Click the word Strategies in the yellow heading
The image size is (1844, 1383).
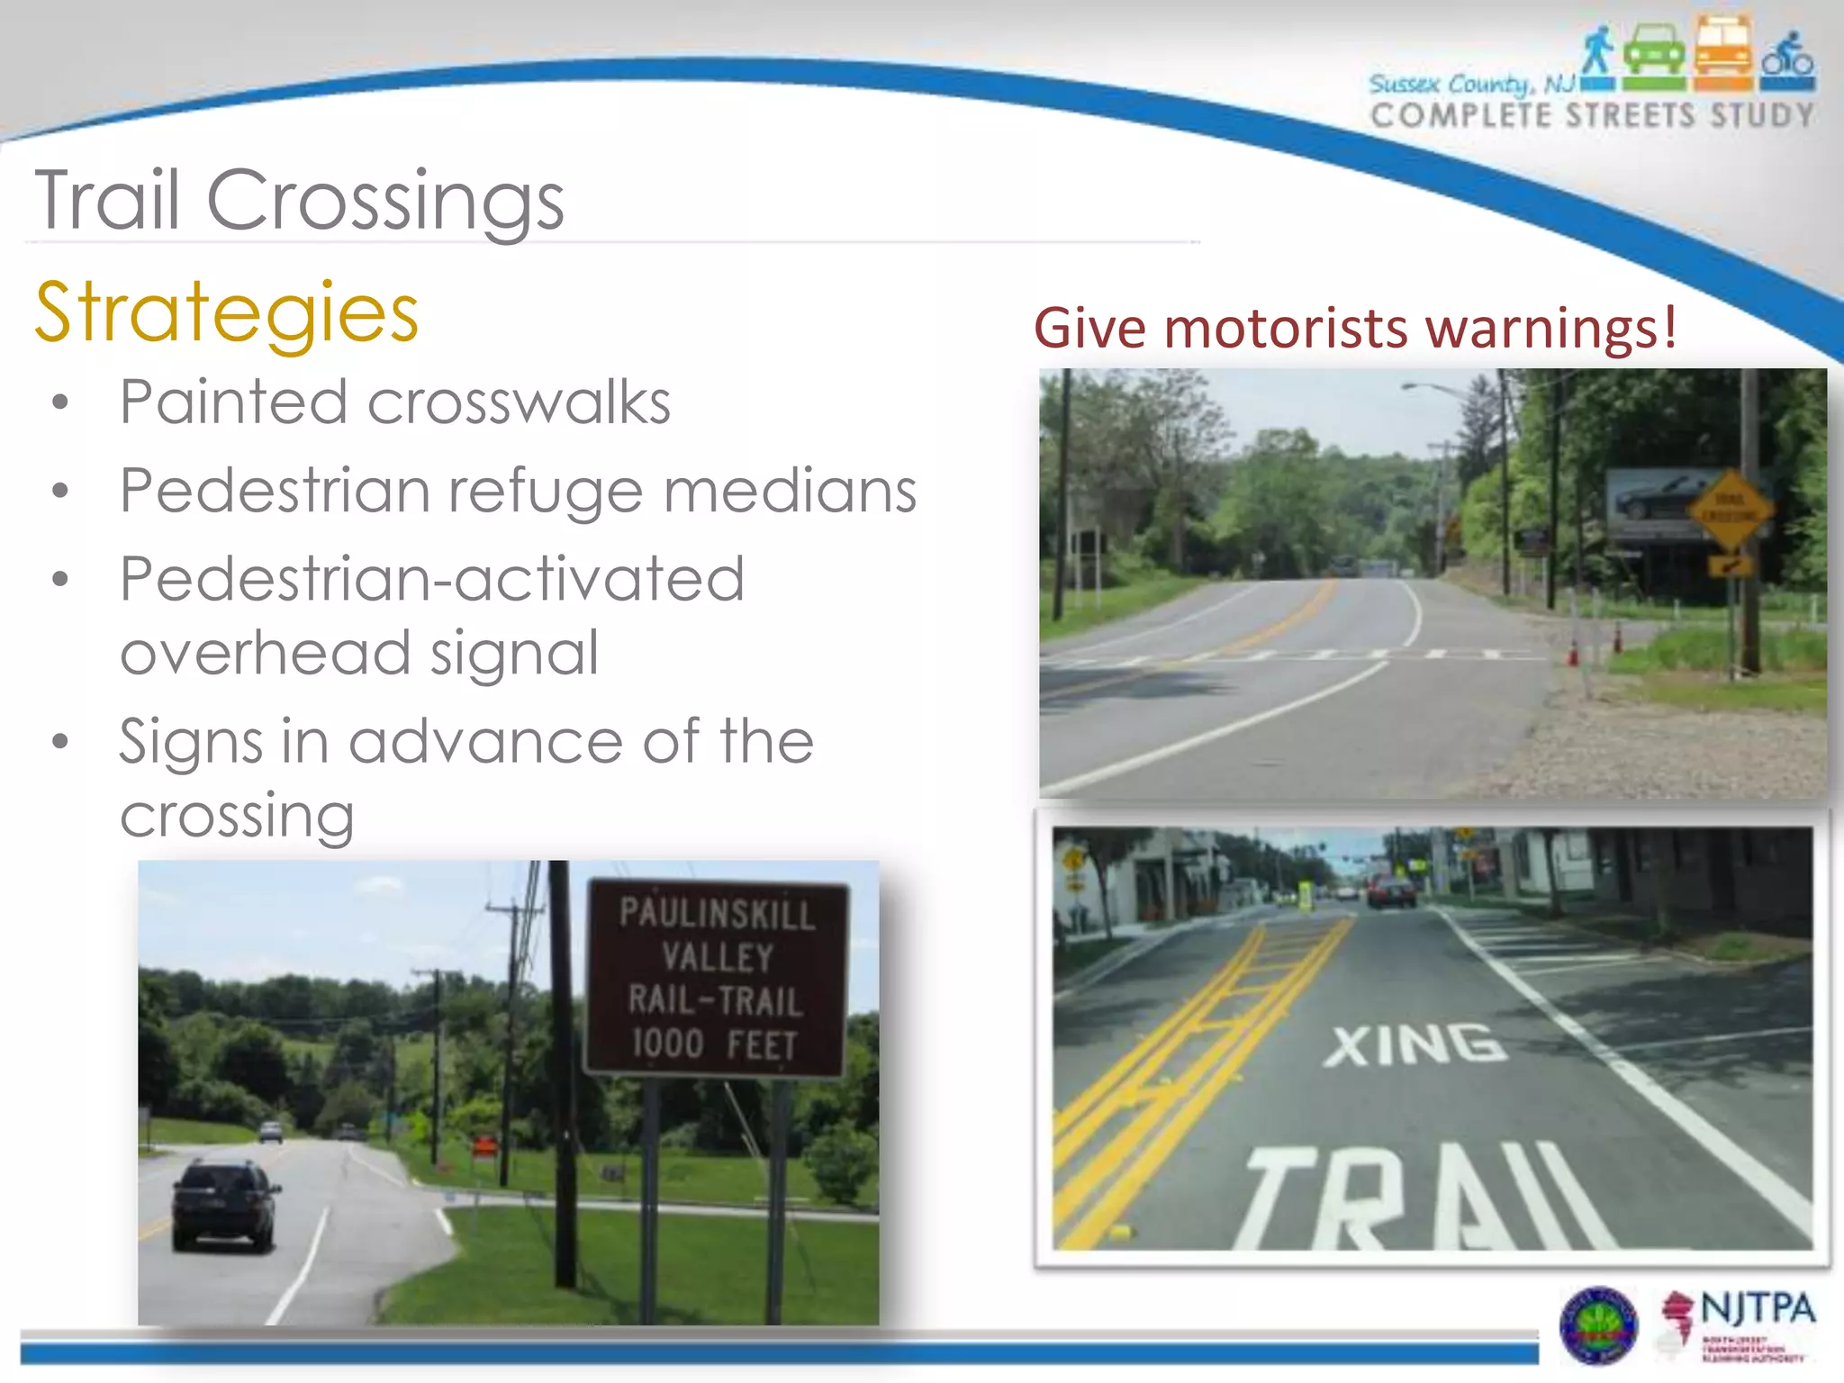point(227,312)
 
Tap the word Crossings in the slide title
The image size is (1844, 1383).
point(385,200)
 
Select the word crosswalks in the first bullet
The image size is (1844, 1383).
point(519,402)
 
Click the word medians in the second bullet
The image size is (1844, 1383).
point(790,492)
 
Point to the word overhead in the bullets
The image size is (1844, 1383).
point(266,653)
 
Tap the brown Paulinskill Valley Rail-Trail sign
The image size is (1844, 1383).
point(716,979)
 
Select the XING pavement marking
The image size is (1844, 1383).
point(1415,1045)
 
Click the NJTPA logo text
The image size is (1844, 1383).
point(1757,1308)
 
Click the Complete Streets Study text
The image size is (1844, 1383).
point(1591,116)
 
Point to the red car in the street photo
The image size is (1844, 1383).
point(1391,890)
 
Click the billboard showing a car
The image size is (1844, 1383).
point(1657,502)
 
